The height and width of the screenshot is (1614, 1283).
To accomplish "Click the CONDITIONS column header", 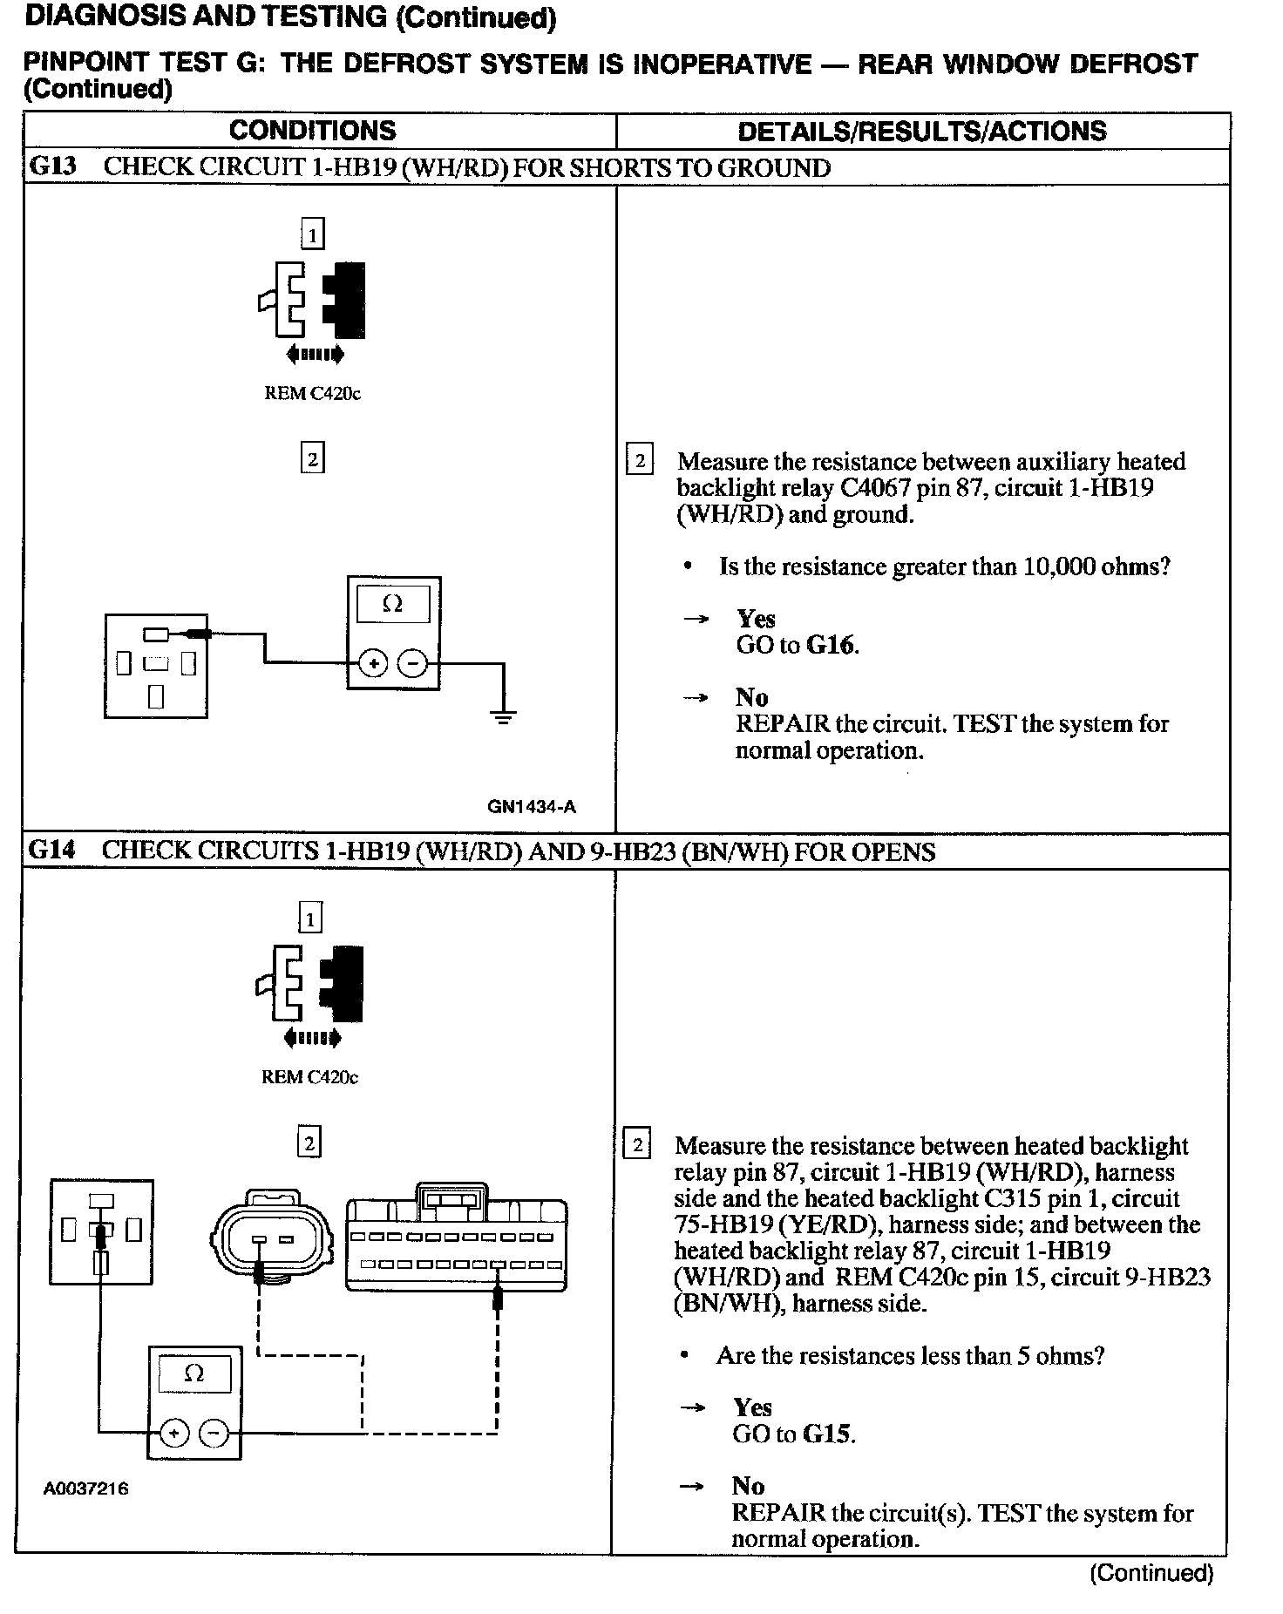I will coord(312,131).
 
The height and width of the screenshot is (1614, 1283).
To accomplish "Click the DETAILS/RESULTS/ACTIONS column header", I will coord(921,132).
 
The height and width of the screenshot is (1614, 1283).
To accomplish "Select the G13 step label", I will coord(52,167).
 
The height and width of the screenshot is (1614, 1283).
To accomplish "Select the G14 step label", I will coord(51,851).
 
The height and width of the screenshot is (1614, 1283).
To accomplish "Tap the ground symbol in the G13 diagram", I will coord(503,718).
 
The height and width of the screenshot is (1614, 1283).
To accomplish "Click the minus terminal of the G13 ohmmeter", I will coord(412,664).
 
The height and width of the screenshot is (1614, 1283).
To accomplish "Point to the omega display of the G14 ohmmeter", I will coord(193,1374).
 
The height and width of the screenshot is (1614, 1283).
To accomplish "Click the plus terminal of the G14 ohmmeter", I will coord(174,1434).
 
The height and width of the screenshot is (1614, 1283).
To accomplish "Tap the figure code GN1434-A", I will coord(532,807).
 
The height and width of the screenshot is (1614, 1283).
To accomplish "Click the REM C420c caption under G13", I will coord(312,393).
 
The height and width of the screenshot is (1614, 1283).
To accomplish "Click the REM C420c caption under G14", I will coord(309,1077).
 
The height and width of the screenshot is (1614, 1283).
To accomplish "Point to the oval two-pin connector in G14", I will coord(270,1238).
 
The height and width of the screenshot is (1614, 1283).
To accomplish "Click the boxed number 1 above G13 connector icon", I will coord(312,234).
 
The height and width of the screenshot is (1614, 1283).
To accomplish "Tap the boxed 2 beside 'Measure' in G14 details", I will coord(637,1145).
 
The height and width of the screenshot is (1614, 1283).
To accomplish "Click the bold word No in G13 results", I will coord(751,697).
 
